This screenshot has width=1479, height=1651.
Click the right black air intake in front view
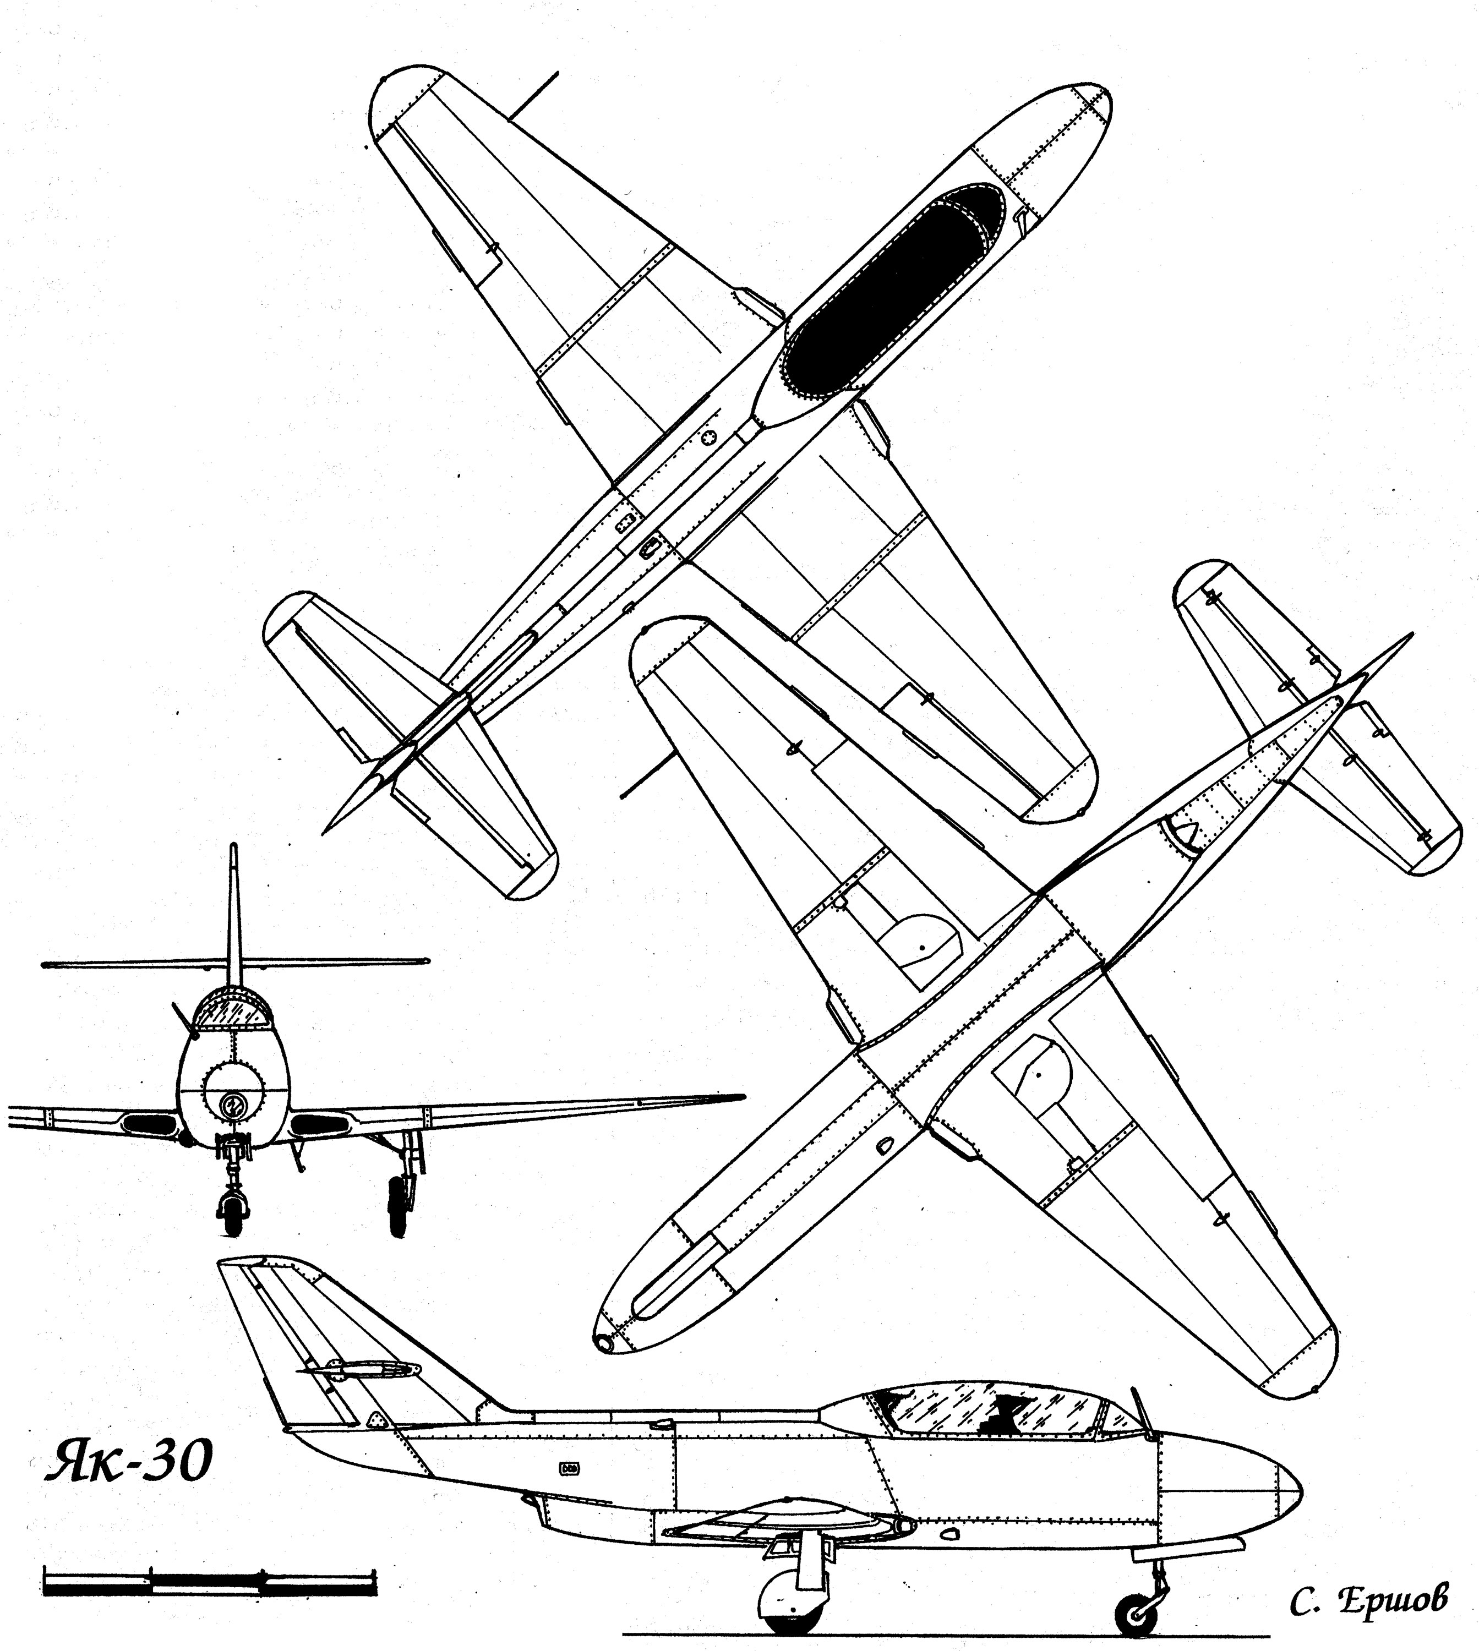(x=317, y=1124)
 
